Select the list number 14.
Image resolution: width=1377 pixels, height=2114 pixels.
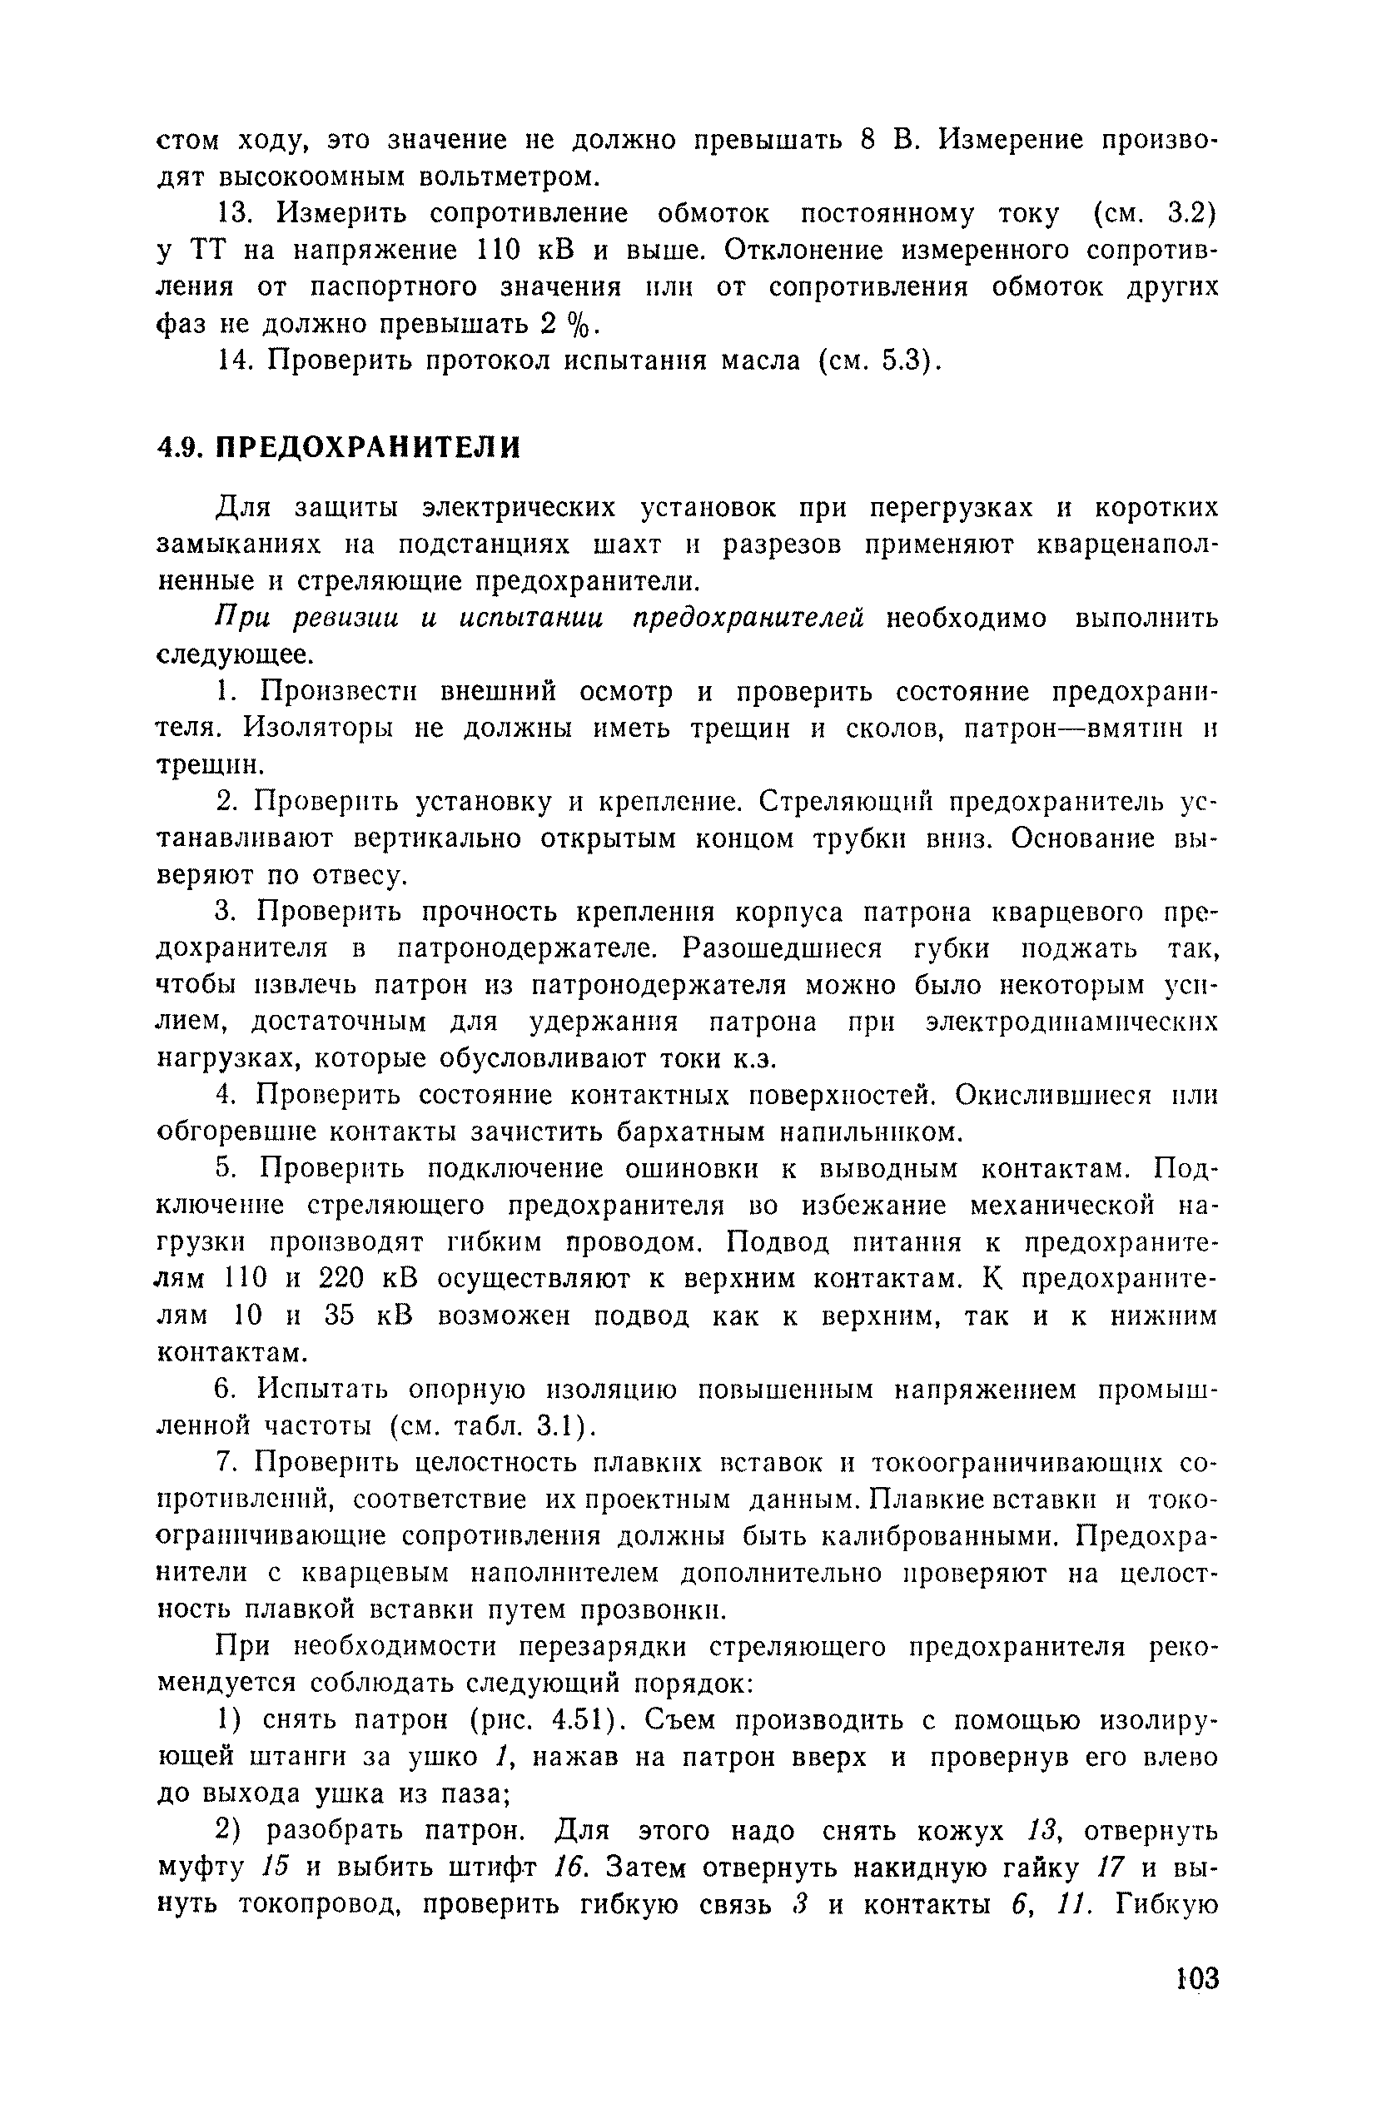236,361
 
